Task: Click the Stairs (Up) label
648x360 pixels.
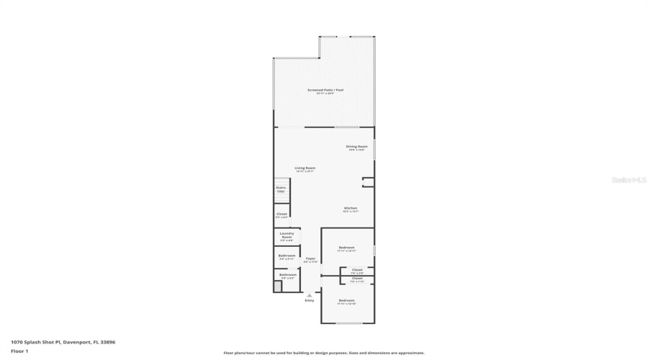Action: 281,189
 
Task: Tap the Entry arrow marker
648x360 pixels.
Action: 310,294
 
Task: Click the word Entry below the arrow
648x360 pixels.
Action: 310,300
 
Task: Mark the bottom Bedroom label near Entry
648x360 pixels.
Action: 347,301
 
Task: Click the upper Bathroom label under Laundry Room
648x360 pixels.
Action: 287,256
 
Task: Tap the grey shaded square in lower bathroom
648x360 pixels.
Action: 277,286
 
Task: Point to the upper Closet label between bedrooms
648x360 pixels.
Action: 357,271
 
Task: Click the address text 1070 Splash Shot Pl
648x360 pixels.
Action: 63,342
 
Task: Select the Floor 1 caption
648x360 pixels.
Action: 19,351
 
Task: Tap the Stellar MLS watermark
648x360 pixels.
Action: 629,180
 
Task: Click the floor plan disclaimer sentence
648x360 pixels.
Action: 324,353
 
